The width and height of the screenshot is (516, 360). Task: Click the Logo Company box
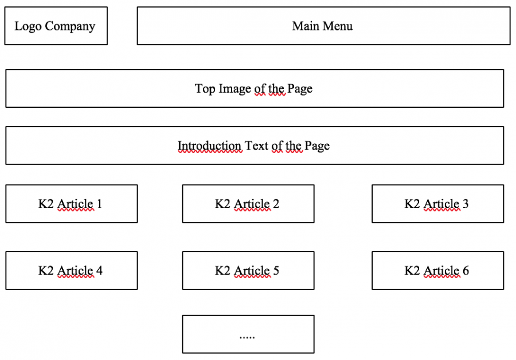point(56,26)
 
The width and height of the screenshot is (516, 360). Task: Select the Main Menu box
point(323,26)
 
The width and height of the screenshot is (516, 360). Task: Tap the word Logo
point(28,26)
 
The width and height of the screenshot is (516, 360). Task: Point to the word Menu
point(337,26)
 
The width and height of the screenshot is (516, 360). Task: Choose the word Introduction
point(210,146)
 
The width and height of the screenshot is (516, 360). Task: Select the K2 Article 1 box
point(72,204)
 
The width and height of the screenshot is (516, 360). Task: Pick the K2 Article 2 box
point(248,204)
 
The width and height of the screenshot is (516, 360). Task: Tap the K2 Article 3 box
point(437,204)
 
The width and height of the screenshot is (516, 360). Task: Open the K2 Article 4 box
point(72,271)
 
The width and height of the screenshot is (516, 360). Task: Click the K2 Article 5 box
point(248,271)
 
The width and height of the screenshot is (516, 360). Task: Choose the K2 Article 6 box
point(437,271)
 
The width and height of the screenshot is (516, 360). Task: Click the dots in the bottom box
point(247,337)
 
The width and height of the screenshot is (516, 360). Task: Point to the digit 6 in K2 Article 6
point(466,271)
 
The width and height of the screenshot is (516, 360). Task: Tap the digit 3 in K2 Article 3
point(466,204)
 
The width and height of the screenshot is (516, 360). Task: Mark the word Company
point(70,26)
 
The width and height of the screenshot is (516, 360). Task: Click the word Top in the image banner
point(205,89)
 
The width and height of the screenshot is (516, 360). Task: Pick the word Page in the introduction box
point(317,146)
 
